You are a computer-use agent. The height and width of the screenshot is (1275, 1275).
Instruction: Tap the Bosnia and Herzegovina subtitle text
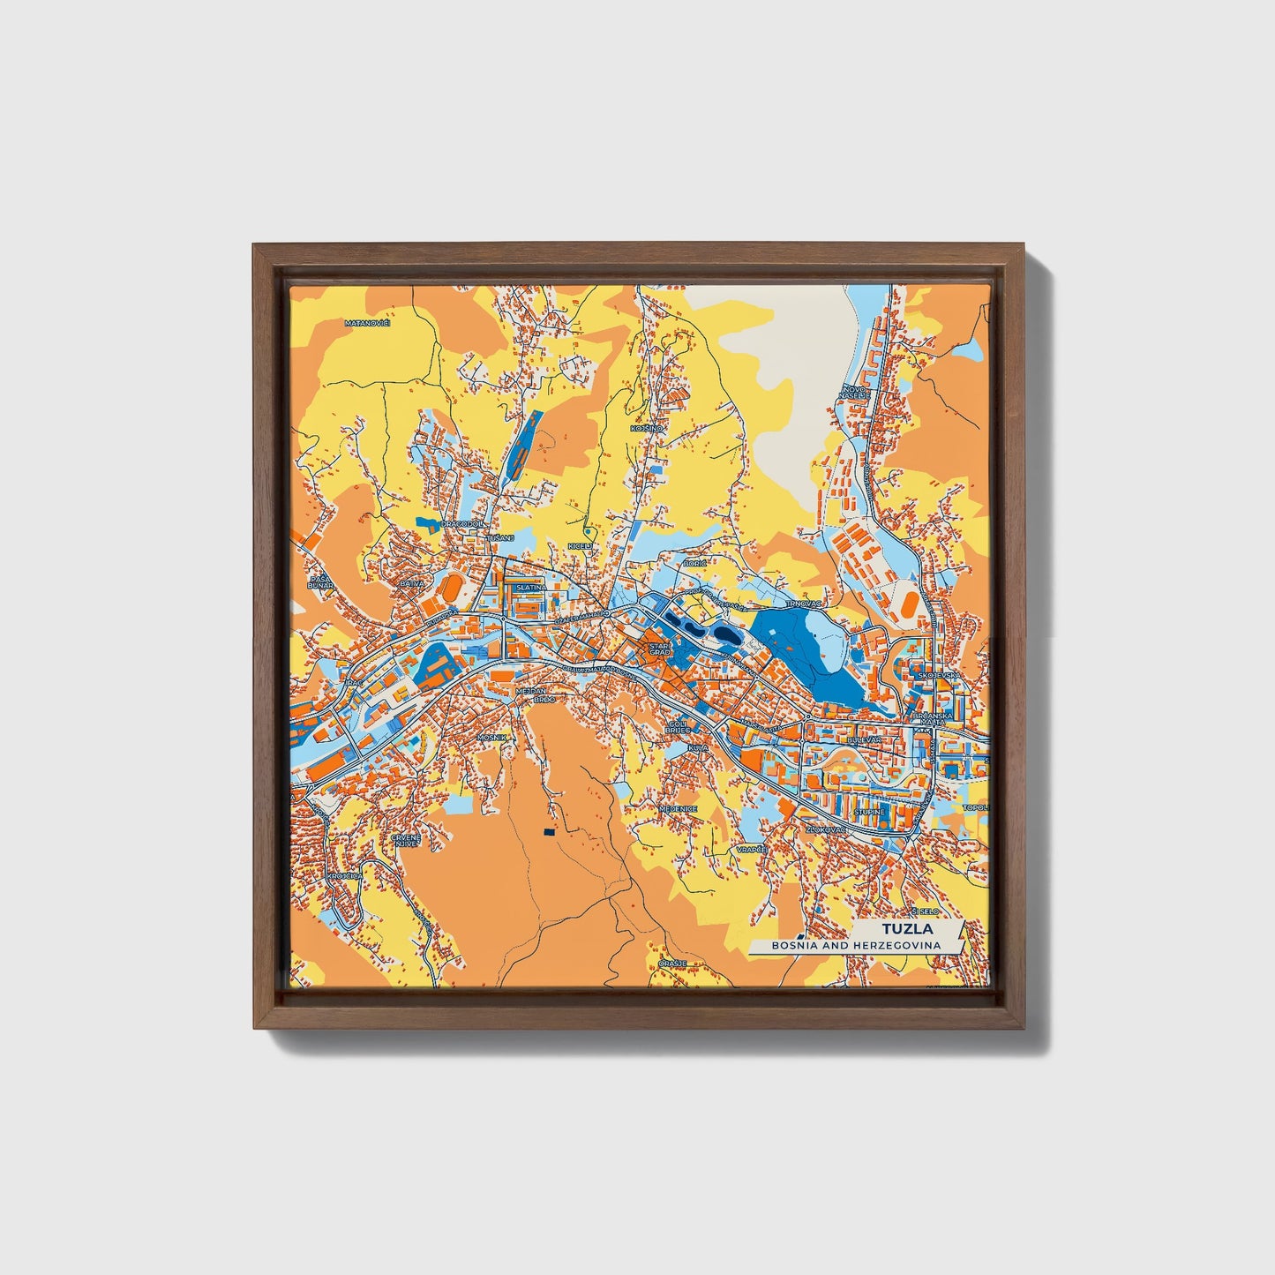pyautogui.click(x=855, y=945)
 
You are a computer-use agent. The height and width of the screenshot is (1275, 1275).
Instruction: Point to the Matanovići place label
pyautogui.click(x=367, y=323)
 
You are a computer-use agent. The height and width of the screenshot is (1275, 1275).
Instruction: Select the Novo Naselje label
pyautogui.click(x=856, y=392)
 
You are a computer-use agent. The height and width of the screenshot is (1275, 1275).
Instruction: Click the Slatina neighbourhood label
pyautogui.click(x=531, y=587)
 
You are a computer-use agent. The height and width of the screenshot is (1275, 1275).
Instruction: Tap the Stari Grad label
pyautogui.click(x=660, y=649)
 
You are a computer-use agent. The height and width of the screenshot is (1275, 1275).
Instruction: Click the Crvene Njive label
pyautogui.click(x=406, y=839)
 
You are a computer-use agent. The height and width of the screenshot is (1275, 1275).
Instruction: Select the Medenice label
pyautogui.click(x=679, y=808)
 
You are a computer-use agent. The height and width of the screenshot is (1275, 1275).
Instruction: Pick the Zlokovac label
pyautogui.click(x=827, y=829)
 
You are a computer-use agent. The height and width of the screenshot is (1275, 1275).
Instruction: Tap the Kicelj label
pyautogui.click(x=580, y=546)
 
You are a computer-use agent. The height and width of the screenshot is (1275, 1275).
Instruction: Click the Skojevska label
pyautogui.click(x=933, y=675)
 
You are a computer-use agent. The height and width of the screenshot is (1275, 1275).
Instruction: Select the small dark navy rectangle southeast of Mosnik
pyautogui.click(x=549, y=831)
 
